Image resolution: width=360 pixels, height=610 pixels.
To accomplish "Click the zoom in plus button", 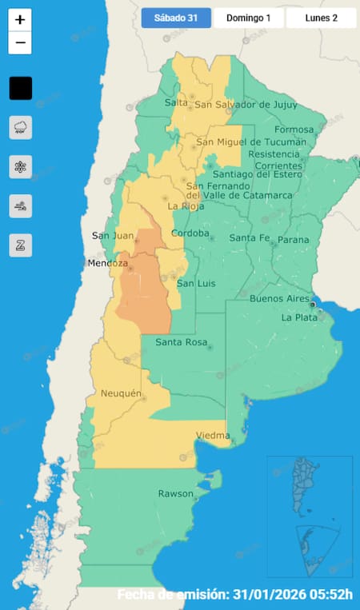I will coord(20,20).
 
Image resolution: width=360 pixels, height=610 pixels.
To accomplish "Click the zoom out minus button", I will coord(20,42).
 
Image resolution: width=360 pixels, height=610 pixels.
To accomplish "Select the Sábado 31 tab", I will coord(176,18).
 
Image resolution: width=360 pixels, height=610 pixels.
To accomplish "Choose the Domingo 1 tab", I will coord(248,18).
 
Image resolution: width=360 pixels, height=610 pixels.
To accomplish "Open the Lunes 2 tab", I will coord(321,18).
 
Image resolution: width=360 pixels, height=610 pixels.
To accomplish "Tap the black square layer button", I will coord(21,88).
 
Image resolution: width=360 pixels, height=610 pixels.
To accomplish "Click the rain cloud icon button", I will coord(21,127).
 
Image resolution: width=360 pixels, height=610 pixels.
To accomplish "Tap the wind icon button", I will coord(21,206).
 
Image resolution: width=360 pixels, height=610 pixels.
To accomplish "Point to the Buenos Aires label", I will coord(279,299).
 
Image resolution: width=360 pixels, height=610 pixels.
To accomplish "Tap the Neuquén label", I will coord(121,393).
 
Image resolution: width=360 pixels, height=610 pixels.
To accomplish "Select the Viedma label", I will coord(213,436).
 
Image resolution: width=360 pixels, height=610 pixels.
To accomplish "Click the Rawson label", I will coord(175,493).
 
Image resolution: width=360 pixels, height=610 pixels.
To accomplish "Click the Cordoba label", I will coord(191,233).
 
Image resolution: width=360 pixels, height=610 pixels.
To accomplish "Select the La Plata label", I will coord(300,317).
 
